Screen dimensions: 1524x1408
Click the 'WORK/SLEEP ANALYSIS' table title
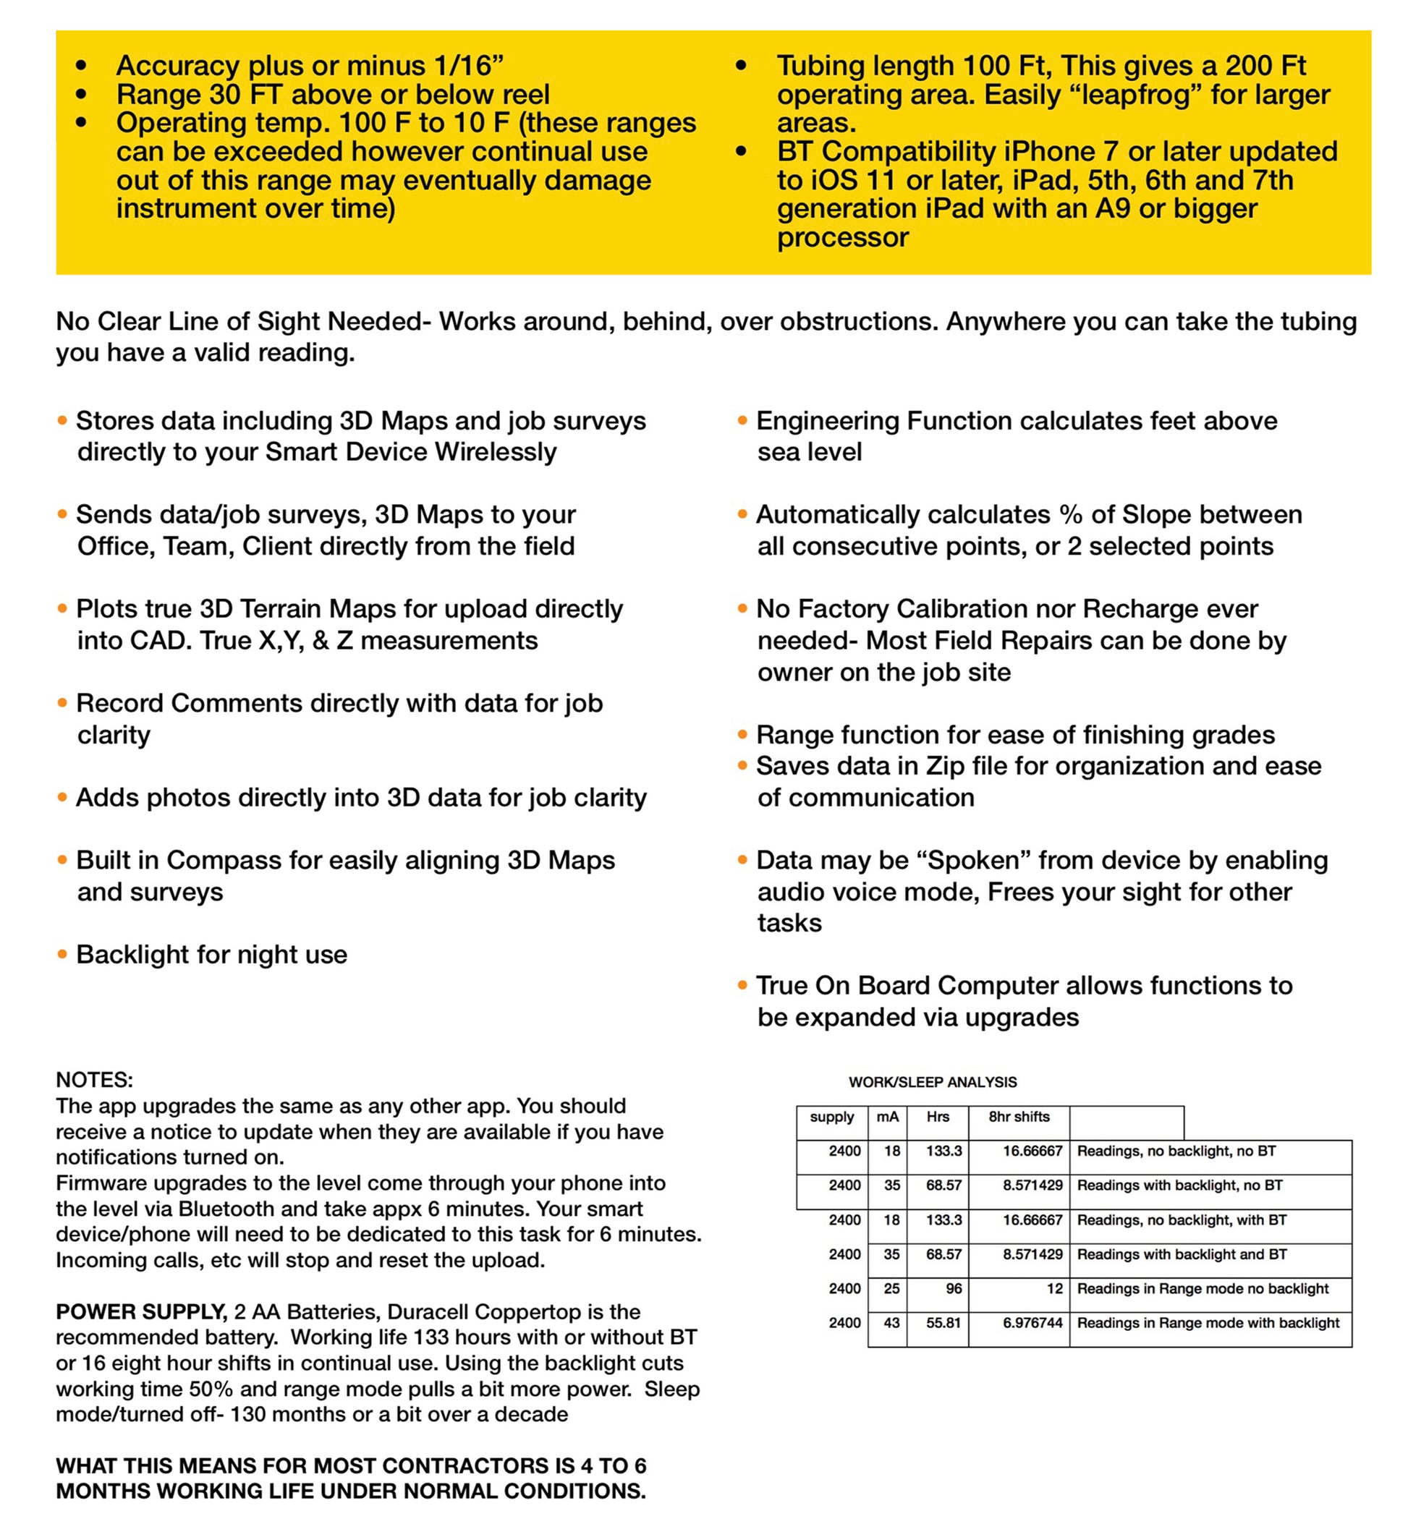point(933,1081)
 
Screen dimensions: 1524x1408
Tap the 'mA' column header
point(887,1117)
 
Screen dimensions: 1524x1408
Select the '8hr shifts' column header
point(1019,1117)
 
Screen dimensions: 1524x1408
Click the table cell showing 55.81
point(943,1323)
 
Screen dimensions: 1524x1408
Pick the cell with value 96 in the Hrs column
point(953,1289)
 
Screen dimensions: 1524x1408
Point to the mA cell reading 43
point(891,1323)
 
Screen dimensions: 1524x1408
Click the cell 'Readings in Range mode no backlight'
point(1203,1289)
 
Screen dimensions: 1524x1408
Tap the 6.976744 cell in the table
point(1032,1323)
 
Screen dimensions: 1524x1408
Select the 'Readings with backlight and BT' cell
point(1182,1254)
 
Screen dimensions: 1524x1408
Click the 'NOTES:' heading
point(95,1080)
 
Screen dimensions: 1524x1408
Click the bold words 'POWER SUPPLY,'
point(142,1311)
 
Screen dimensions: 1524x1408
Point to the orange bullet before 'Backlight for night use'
point(62,953)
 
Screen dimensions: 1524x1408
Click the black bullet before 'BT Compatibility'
point(741,152)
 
